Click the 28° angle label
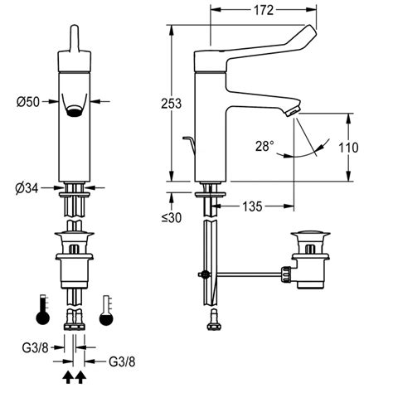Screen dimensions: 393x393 click(264, 146)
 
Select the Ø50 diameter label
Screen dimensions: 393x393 click(27, 102)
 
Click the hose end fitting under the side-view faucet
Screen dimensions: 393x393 click(215, 317)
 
